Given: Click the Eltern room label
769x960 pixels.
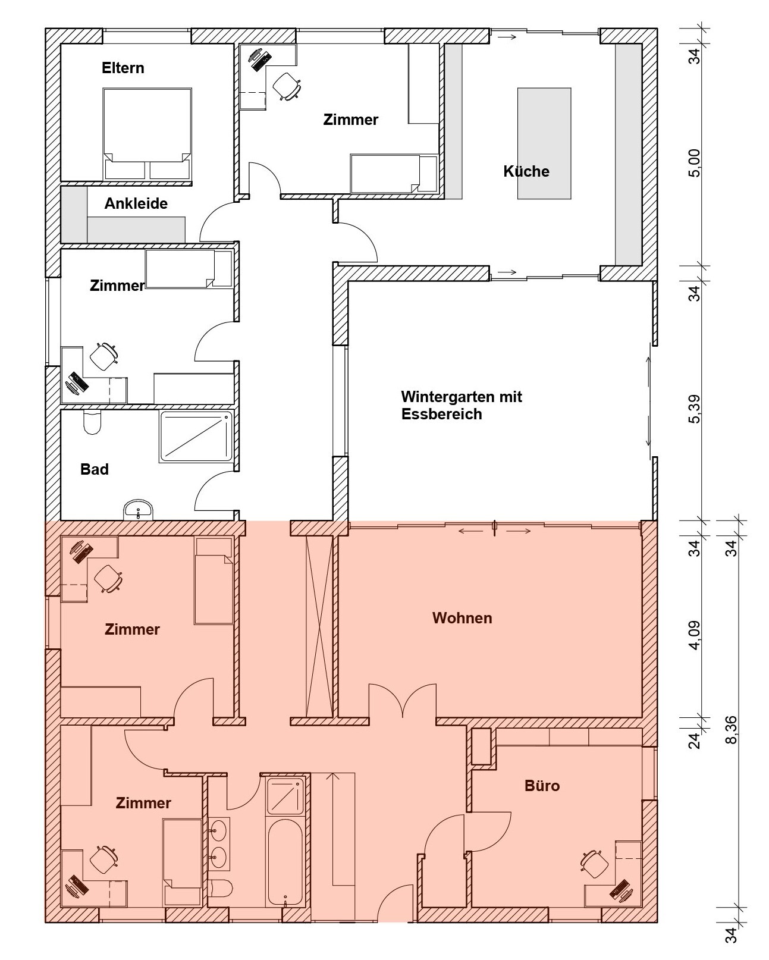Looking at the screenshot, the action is (123, 68).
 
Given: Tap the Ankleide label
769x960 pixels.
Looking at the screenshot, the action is (136, 203).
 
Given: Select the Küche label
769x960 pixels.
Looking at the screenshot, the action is (526, 171).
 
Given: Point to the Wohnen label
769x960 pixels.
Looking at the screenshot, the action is (462, 618).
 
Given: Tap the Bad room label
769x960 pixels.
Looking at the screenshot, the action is (95, 469).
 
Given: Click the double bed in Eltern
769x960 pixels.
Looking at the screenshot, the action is (147, 134).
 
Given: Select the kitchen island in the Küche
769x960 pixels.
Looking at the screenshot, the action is (544, 143).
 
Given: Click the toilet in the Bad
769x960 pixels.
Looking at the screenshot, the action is (92, 422).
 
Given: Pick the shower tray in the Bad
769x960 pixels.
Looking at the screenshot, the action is (196, 437).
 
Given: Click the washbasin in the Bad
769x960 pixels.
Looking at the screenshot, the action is (138, 510).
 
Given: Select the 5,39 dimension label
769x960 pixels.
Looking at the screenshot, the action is (695, 409).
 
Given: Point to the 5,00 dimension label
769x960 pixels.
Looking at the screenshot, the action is (695, 163).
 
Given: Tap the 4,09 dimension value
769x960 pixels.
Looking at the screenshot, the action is (695, 635).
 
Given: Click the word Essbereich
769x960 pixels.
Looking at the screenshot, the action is (441, 414).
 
